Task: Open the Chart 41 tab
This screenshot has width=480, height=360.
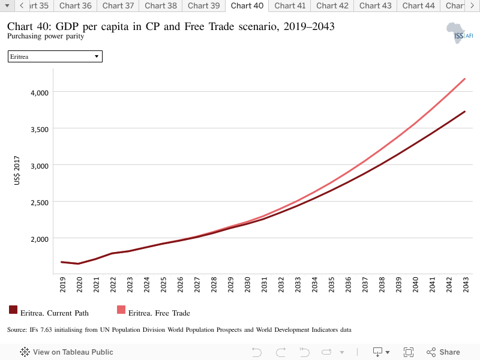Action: pos(290,6)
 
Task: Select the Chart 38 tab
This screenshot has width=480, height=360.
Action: pos(161,6)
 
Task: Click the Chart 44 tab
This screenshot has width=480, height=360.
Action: pos(418,6)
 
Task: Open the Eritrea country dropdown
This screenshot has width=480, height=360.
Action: pos(55,56)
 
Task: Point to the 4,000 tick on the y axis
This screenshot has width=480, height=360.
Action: pos(40,93)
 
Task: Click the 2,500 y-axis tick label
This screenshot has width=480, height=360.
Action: pos(40,203)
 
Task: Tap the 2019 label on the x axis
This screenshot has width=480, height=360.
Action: pos(62,284)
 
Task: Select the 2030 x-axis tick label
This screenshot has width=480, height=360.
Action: pos(247,284)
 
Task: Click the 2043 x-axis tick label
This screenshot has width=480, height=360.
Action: pos(466,284)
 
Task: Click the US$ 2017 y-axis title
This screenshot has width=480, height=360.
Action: pos(17,170)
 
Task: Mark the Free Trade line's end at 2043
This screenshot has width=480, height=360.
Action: pos(464,79)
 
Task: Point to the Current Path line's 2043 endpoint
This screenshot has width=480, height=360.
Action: pos(464,112)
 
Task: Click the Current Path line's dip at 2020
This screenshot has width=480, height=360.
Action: pos(79,263)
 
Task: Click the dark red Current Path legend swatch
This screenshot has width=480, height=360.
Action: pos(13,310)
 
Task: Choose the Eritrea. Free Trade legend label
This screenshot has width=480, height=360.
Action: pos(159,313)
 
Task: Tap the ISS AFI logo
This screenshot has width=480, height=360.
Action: pos(460,33)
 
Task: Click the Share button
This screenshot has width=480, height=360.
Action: pos(443,352)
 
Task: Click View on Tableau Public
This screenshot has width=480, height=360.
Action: pos(67,352)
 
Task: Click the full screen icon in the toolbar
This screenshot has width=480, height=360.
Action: pos(409,352)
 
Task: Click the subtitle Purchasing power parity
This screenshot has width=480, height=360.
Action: pos(46,36)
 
